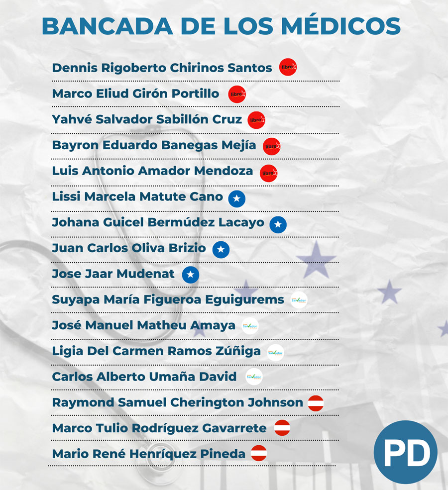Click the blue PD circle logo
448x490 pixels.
(x=406, y=452)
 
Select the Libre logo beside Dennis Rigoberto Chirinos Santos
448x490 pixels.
(x=288, y=67)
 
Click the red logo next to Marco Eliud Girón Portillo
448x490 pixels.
(x=237, y=94)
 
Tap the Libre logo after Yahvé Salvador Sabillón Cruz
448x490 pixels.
(x=256, y=119)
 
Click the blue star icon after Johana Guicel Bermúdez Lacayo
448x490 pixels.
(x=278, y=225)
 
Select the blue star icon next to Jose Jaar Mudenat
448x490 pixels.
(x=190, y=275)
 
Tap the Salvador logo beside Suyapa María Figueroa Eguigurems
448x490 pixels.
(x=299, y=300)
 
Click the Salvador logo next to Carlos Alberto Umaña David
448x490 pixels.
(x=254, y=377)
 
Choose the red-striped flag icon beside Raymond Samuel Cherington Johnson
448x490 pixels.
(x=316, y=403)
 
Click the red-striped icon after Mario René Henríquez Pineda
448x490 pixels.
(x=258, y=453)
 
